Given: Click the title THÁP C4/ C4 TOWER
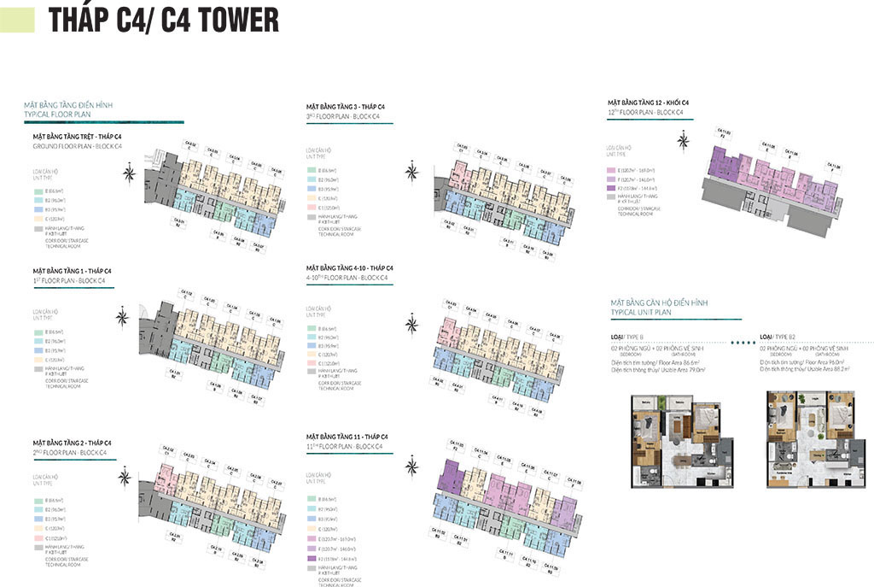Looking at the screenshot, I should coord(163,20).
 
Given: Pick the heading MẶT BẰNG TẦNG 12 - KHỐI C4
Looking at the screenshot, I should coord(648,103).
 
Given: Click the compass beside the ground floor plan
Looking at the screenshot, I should coord(129,175).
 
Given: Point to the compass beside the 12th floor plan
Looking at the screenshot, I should coord(682,142).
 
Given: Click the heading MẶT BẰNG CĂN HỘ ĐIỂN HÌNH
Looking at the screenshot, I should coord(659,302).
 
